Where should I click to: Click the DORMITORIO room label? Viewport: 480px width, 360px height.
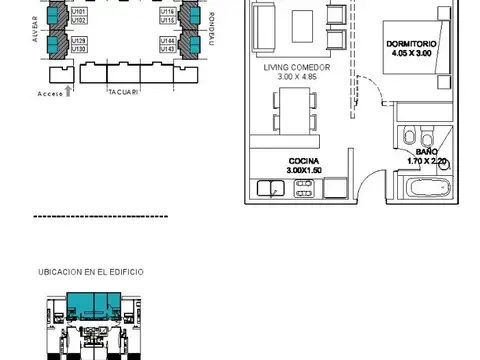pos(411,44)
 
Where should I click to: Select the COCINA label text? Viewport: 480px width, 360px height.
pos(303,160)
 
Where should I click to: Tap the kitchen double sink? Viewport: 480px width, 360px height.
pos(271,186)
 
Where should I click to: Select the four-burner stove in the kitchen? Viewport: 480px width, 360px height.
pos(301,186)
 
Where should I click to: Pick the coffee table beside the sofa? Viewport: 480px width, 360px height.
pos(301,22)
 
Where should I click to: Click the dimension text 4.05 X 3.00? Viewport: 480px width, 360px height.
pos(411,54)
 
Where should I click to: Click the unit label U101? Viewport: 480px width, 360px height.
pos(80,12)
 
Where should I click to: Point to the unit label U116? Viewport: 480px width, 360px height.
pos(167,12)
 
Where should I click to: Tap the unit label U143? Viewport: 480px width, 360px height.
pos(167,49)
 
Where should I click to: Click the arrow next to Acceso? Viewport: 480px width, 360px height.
pos(67,89)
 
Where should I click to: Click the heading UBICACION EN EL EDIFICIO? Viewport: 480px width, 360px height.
pos(91,271)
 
